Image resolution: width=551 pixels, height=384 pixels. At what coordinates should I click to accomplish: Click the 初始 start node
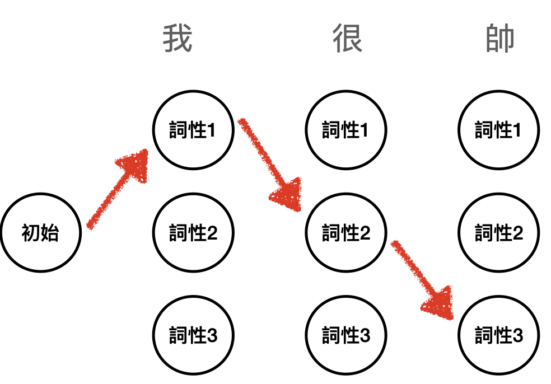(41, 232)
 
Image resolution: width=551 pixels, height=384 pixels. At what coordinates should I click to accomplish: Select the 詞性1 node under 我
(193, 130)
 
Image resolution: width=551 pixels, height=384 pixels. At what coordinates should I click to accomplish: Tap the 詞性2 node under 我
(193, 232)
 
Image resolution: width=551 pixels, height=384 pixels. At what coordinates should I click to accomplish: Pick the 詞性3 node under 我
(193, 335)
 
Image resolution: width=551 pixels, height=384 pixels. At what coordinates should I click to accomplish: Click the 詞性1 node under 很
(346, 130)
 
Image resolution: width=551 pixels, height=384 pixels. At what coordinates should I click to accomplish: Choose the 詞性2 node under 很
(346, 232)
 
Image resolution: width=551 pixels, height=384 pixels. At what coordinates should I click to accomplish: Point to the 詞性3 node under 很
(346, 335)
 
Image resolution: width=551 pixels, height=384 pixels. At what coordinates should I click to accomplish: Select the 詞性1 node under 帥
(498, 130)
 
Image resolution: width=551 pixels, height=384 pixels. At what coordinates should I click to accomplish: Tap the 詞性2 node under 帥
(498, 232)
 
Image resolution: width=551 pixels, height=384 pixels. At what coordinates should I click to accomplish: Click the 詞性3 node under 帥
(498, 335)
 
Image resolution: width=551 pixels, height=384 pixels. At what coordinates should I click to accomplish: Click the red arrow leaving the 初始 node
(112, 196)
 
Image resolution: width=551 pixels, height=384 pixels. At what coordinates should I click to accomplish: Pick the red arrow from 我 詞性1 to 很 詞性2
(266, 160)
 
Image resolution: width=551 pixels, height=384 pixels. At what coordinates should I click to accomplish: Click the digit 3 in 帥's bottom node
(517, 336)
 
